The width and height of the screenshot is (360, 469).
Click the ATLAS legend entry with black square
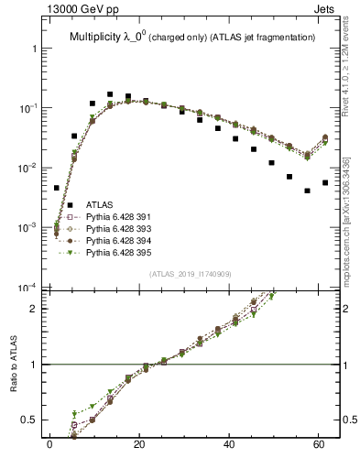tap(99, 204)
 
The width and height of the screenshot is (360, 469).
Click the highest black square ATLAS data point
tap(110, 94)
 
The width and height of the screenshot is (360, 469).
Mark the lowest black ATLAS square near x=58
tap(307, 191)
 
